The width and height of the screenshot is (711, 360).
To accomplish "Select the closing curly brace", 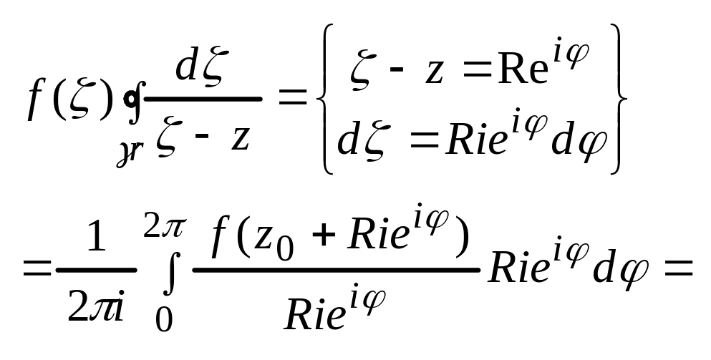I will coord(621,99).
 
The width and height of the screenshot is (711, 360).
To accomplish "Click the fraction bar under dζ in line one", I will coord(203,99).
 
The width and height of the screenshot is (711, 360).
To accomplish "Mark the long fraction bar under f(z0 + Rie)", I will coord(337,271).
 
